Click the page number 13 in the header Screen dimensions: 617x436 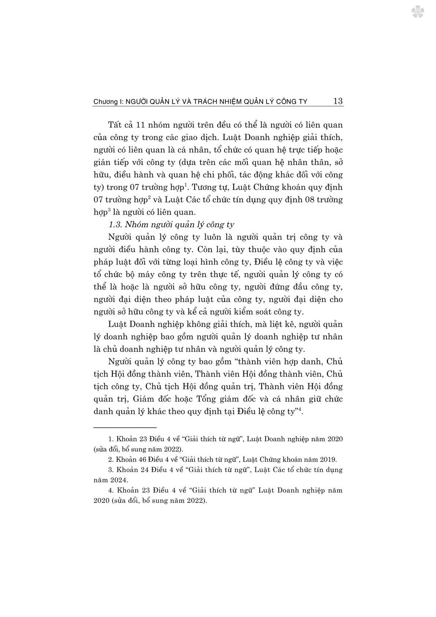(338, 101)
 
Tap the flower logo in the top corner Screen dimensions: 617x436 (418, 12)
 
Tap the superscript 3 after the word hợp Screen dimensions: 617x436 (109, 210)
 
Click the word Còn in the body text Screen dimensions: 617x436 (207, 250)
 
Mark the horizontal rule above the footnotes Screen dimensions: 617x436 (125, 427)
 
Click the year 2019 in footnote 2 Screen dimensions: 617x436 (327, 459)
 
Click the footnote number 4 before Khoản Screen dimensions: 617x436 (110, 490)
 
